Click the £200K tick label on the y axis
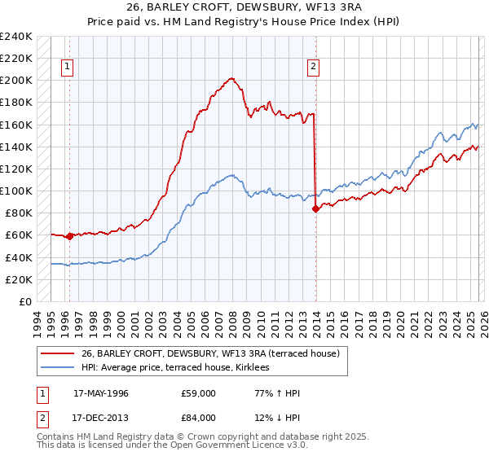(15, 81)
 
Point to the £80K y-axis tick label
(18, 213)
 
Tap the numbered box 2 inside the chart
(313, 68)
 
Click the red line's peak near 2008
(232, 78)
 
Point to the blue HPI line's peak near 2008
(232, 174)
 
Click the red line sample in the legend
(57, 353)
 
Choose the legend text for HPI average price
(180, 368)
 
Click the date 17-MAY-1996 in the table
(101, 392)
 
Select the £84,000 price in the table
(199, 419)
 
